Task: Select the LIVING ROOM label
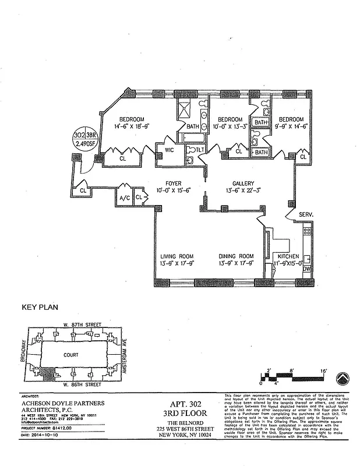(x=177, y=256)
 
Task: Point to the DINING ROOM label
(x=236, y=256)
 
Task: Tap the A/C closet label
(x=123, y=197)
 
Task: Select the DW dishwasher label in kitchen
(x=306, y=270)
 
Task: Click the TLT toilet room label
(x=200, y=150)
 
